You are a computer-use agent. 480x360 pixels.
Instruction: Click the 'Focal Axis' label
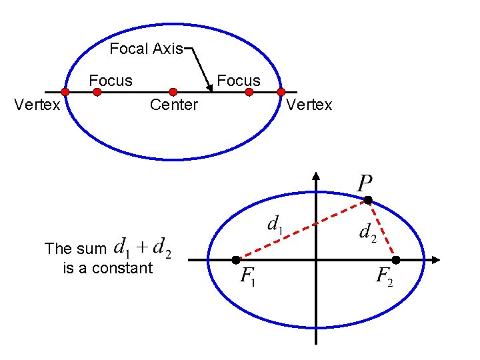[146, 49]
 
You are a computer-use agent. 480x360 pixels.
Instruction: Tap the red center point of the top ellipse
[173, 92]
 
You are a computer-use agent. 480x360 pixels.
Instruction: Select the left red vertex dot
[65, 92]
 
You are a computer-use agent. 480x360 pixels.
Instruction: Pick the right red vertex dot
[281, 92]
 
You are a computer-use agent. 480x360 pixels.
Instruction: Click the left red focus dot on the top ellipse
[97, 93]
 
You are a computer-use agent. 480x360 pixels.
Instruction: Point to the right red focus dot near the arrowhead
[249, 93]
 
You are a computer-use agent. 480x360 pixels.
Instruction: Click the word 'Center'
[174, 105]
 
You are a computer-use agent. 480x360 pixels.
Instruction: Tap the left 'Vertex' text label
[37, 105]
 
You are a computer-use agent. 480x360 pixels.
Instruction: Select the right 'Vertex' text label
[309, 105]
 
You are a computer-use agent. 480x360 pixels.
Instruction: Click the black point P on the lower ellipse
[367, 200]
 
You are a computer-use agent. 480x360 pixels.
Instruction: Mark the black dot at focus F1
[236, 259]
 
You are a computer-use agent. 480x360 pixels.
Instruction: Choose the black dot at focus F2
[395, 259]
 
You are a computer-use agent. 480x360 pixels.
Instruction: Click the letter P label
[365, 182]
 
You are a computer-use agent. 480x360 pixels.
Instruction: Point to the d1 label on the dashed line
[275, 224]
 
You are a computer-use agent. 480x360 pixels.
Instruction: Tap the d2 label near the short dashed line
[367, 232]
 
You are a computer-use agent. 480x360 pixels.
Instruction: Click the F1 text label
[249, 276]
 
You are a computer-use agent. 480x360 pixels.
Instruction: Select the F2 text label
[384, 276]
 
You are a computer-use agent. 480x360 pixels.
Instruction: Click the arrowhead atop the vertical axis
[316, 176]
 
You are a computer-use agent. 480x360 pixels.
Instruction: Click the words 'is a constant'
[107, 268]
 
